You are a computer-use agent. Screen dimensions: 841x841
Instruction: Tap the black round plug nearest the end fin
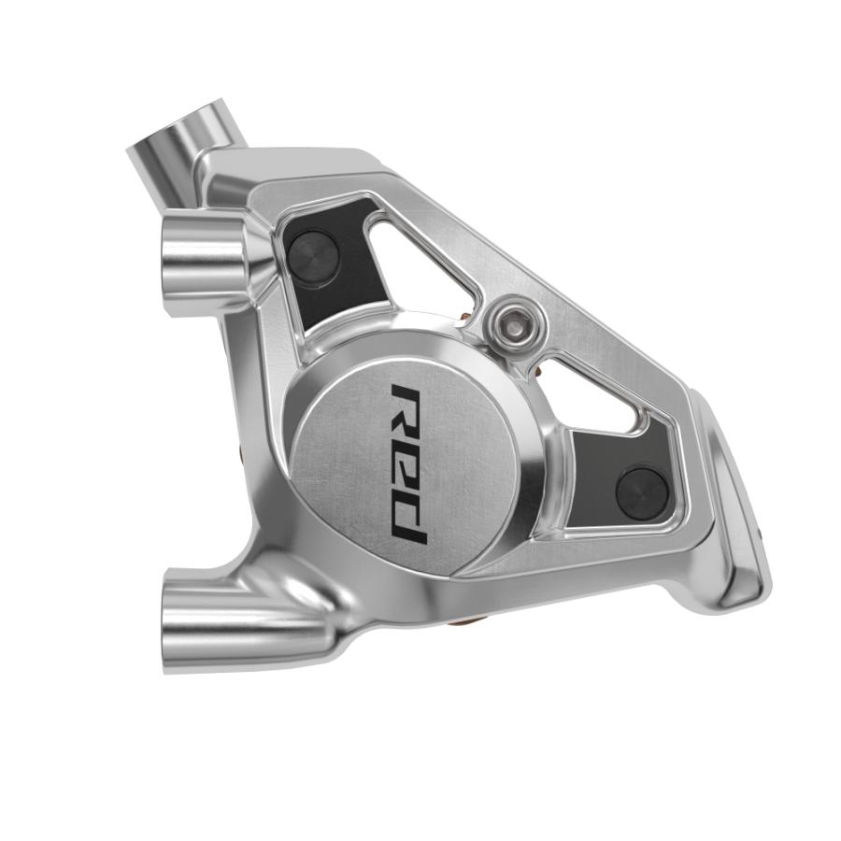click(x=642, y=487)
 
